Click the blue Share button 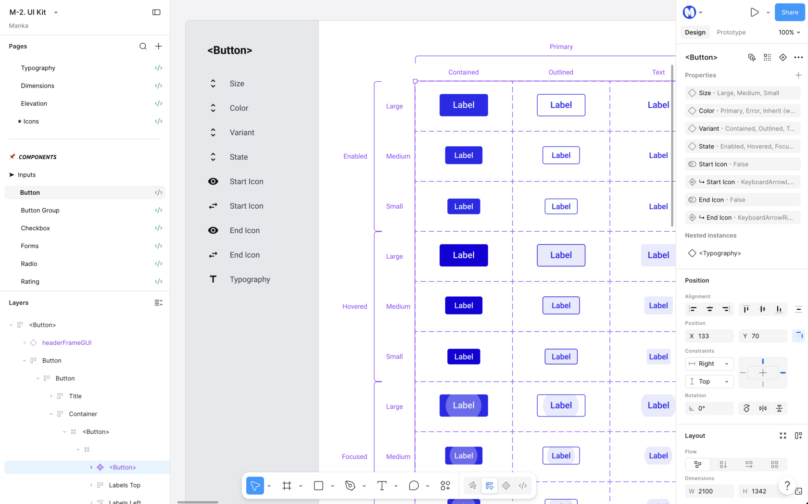tap(790, 13)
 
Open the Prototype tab tap(731, 32)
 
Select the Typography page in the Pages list tap(38, 68)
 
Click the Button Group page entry tap(40, 210)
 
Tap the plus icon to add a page tap(158, 46)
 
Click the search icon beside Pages tap(143, 46)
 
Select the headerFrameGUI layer tap(67, 343)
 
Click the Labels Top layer tap(125, 485)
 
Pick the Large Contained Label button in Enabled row tap(464, 105)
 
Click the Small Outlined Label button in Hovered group tap(561, 356)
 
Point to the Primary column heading tap(561, 47)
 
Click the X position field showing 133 tap(709, 336)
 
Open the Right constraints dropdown tap(709, 364)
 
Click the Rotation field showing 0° tap(709, 408)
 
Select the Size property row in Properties tap(743, 93)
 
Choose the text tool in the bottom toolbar tap(382, 486)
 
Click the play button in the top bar tap(754, 13)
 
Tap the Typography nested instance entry tap(720, 253)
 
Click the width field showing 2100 tap(709, 491)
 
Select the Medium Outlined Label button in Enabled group tap(561, 155)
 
